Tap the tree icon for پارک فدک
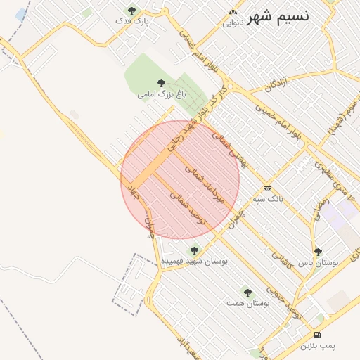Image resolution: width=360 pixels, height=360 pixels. coord(131,10)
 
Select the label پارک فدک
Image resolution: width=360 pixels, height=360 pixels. coord(133,21)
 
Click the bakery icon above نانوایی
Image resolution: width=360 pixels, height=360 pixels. coord(233,13)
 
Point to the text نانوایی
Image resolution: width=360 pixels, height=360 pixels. coord(233,23)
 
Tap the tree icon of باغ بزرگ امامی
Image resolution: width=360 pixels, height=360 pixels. coord(162,83)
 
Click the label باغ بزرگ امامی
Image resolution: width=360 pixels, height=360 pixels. coord(162,94)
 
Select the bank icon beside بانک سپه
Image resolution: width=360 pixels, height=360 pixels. coord(267,188)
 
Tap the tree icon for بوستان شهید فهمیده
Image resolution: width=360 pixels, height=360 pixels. coord(195,250)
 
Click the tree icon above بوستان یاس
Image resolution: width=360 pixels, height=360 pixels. coord(318,251)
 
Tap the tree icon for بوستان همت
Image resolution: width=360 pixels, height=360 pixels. coord(246,292)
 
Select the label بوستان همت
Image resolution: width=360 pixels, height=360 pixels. coord(249,303)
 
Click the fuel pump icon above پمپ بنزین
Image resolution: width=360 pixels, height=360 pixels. coord(318,335)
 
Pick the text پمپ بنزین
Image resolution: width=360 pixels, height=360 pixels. coord(319,345)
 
